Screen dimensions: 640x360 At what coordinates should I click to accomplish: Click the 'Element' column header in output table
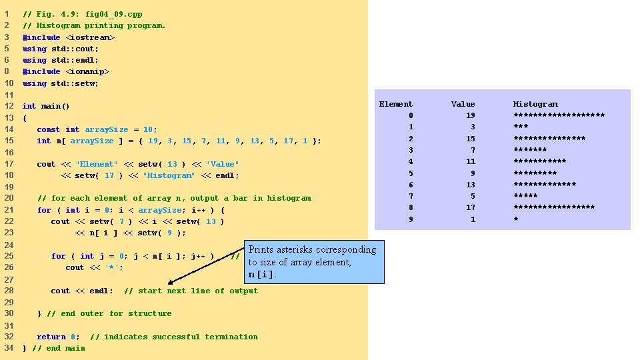click(396, 104)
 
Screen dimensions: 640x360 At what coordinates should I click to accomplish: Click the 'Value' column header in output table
click(463, 104)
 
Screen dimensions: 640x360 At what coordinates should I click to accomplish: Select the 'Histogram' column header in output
click(535, 104)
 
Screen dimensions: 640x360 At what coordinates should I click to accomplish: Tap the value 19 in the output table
click(471, 115)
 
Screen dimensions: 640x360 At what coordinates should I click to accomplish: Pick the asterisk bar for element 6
click(544, 185)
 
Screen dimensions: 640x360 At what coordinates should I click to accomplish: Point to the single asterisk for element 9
click(515, 219)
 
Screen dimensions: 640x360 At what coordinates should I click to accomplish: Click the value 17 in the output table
click(471, 207)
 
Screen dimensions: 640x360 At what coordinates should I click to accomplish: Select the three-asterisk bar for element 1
click(520, 127)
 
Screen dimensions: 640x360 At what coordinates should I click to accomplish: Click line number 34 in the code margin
click(9, 348)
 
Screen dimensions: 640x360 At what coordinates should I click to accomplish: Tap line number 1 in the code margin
click(7, 14)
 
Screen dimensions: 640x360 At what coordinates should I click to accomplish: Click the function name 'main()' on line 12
click(55, 106)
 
